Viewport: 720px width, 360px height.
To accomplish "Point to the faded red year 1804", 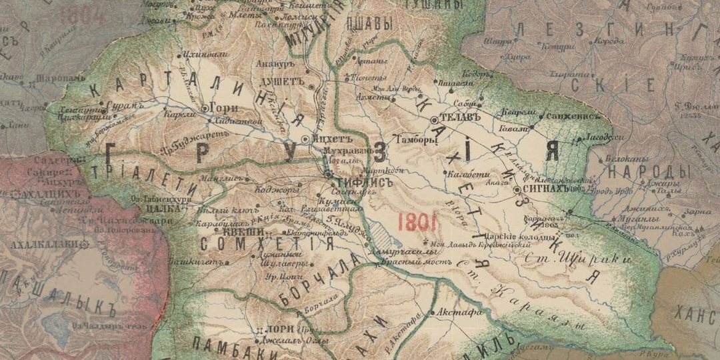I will point(83,15).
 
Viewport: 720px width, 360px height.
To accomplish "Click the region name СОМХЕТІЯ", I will point(267,244).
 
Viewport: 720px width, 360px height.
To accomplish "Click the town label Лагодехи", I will point(604,137).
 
